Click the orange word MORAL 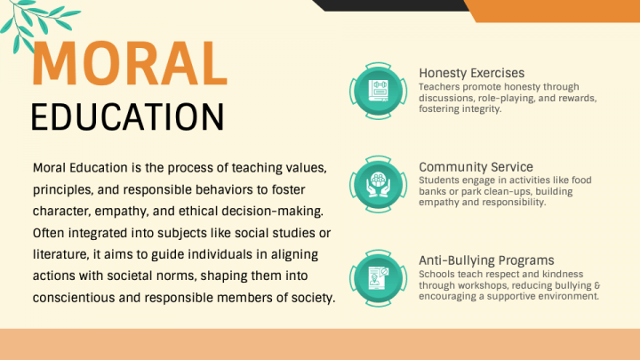[x=130, y=64]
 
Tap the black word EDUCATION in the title [x=127, y=117]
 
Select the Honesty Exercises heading [x=471, y=73]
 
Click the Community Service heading [x=476, y=167]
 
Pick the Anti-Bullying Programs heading [x=486, y=260]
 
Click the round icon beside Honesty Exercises [x=379, y=91]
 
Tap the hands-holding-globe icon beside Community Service [x=379, y=185]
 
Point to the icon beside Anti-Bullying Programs [x=379, y=278]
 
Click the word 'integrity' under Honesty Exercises [x=481, y=109]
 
